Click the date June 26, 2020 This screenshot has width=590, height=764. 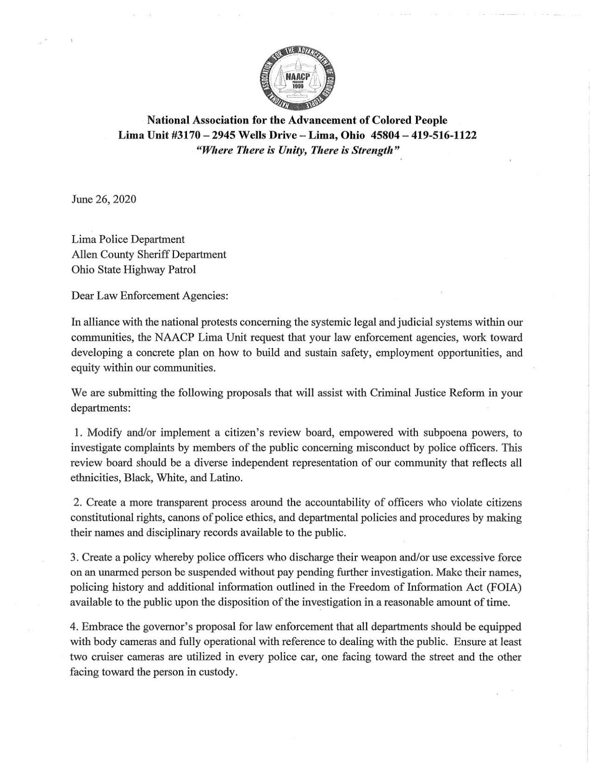tap(104, 200)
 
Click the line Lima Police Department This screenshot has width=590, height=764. tap(128, 239)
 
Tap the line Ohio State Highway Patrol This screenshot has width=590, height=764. tap(133, 269)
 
